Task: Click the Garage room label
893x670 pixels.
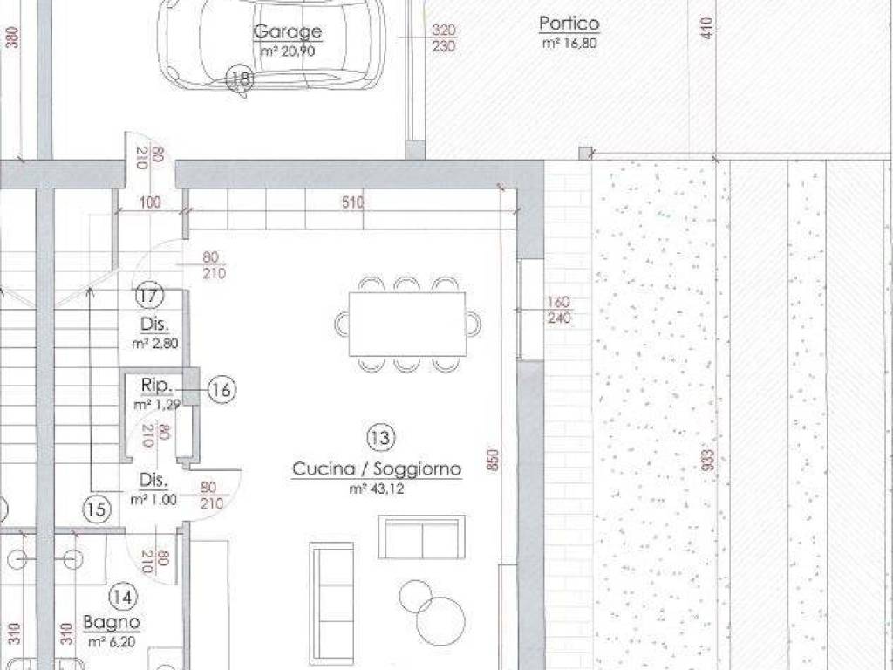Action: [x=288, y=32]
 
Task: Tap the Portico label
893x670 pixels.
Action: [x=569, y=24]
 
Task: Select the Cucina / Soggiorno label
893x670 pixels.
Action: [x=377, y=470]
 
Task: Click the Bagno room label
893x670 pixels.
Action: [x=112, y=623]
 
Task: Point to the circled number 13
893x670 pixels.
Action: [x=381, y=435]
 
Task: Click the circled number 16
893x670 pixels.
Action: [x=222, y=390]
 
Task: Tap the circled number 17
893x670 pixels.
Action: [x=149, y=296]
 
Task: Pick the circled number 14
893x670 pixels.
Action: [x=123, y=597]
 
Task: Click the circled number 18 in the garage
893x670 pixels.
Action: [x=241, y=79]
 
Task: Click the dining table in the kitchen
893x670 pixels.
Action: [x=407, y=324]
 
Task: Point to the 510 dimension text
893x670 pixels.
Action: [x=352, y=203]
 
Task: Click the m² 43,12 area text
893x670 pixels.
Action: [x=377, y=489]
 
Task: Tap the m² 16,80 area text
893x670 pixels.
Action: [x=569, y=42]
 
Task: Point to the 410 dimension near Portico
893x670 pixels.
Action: [x=707, y=29]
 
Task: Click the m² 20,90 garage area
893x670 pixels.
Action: [x=288, y=51]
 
